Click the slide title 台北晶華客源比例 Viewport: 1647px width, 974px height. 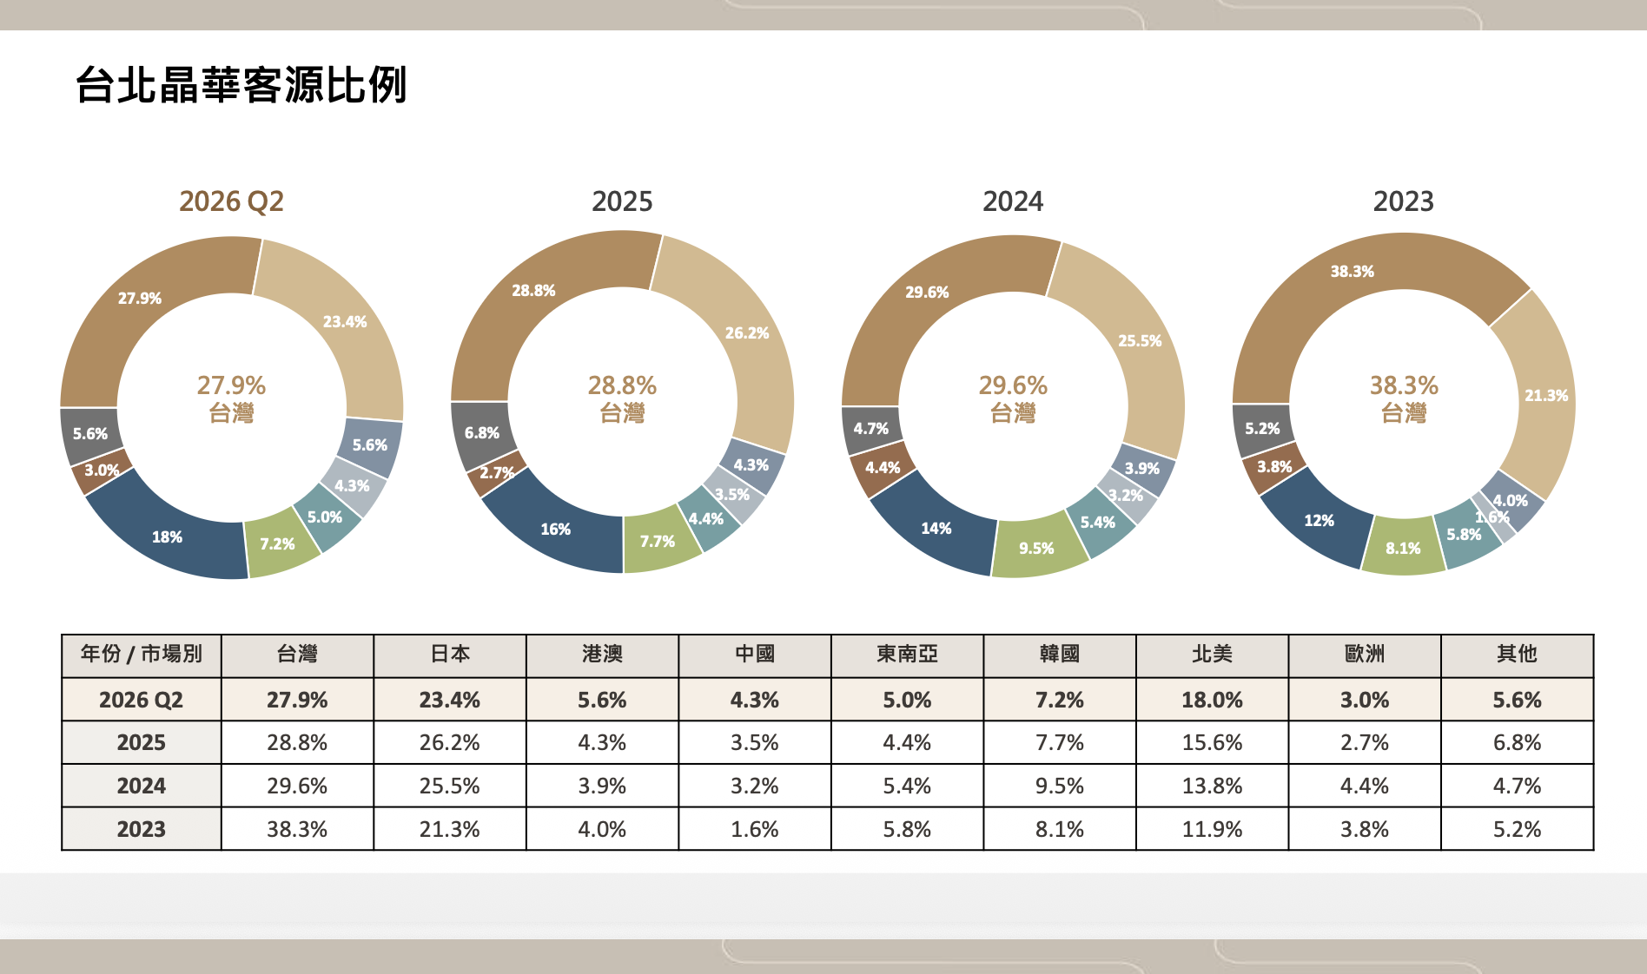point(241,85)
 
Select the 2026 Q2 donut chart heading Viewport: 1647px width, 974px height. point(231,201)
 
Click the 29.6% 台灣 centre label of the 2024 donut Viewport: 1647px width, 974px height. point(1013,398)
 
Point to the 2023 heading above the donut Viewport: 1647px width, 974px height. point(1404,201)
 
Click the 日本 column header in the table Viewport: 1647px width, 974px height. point(450,654)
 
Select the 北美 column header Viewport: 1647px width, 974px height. point(1212,654)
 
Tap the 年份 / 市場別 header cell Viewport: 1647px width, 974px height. point(142,654)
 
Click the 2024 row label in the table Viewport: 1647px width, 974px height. point(142,786)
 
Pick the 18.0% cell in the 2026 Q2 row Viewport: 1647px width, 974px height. point(1212,700)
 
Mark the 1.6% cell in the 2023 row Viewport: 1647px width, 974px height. point(755,829)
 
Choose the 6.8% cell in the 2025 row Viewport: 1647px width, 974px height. point(1517,742)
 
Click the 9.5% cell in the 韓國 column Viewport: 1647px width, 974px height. point(1060,786)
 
